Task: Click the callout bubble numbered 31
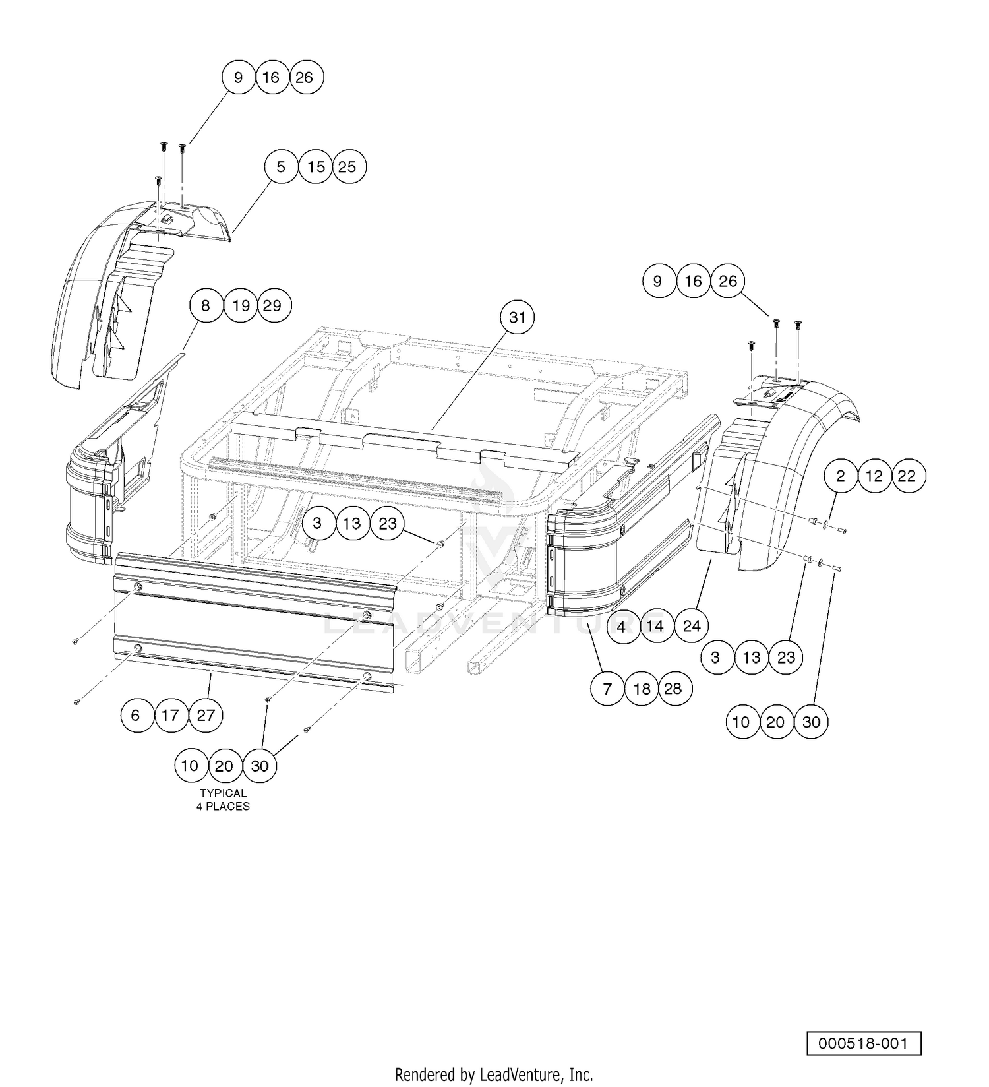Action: [518, 318]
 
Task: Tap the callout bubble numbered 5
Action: [282, 167]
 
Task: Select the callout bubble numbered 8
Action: [206, 305]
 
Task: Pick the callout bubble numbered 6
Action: [136, 715]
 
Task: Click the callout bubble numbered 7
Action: [607, 689]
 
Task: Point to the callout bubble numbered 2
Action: [841, 476]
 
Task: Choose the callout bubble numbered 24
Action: [691, 625]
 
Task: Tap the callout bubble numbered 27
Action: [206, 715]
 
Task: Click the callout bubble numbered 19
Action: [241, 305]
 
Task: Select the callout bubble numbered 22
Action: [908, 476]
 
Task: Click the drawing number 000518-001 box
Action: [864, 1043]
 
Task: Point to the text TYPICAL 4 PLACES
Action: [224, 799]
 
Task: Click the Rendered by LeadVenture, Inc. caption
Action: [494, 1074]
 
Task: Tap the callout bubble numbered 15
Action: [316, 167]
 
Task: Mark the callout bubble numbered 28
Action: [673, 689]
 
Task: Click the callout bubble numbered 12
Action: [874, 476]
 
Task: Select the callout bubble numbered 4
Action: [621, 625]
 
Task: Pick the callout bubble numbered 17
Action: [171, 715]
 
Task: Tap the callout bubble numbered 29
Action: [274, 305]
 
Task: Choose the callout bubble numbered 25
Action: [348, 167]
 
